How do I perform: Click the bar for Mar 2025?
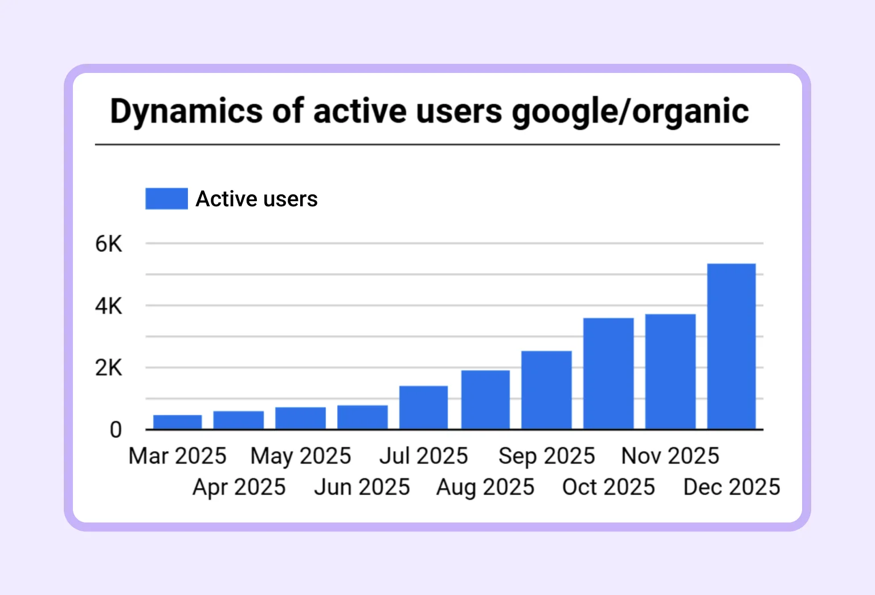pos(178,422)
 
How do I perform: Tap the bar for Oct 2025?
pos(608,373)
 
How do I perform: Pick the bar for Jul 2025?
pos(423,407)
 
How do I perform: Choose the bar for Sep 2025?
pos(546,390)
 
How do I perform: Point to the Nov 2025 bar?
pos(670,372)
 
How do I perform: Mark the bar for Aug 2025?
pos(485,400)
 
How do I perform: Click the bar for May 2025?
pos(301,418)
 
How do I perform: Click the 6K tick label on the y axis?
pos(109,244)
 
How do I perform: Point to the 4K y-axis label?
pos(109,307)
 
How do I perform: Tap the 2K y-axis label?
pos(109,368)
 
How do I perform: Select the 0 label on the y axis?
pos(116,430)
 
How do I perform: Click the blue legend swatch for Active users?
pos(166,199)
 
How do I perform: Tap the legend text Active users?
pos(256,199)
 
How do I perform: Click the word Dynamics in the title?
pos(186,112)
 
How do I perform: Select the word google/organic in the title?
pos(630,112)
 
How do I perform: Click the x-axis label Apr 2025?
pos(239,487)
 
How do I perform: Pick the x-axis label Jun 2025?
pos(362,487)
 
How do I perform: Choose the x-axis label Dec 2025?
pos(731,487)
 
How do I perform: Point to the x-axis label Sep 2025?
pos(546,456)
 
